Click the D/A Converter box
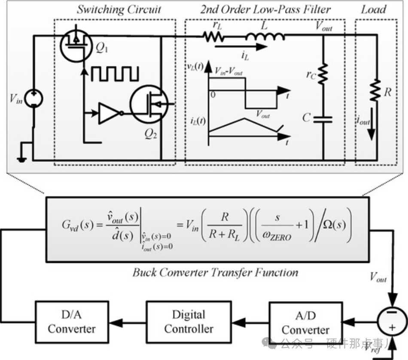pos(72,322)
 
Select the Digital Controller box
pos(189,322)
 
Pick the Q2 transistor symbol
pos(148,104)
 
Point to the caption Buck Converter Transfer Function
pos(215,272)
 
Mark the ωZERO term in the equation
pos(277,235)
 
